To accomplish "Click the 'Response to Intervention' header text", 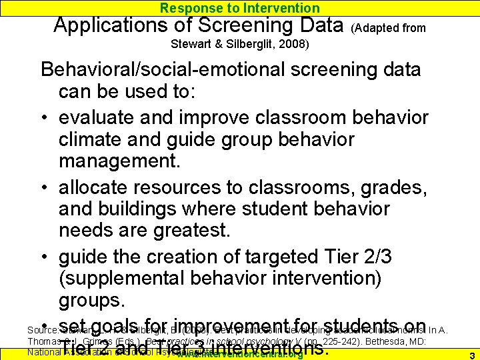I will [x=240, y=8].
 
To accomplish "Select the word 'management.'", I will [x=119, y=162].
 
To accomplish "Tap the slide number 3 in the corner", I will [x=471, y=355].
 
